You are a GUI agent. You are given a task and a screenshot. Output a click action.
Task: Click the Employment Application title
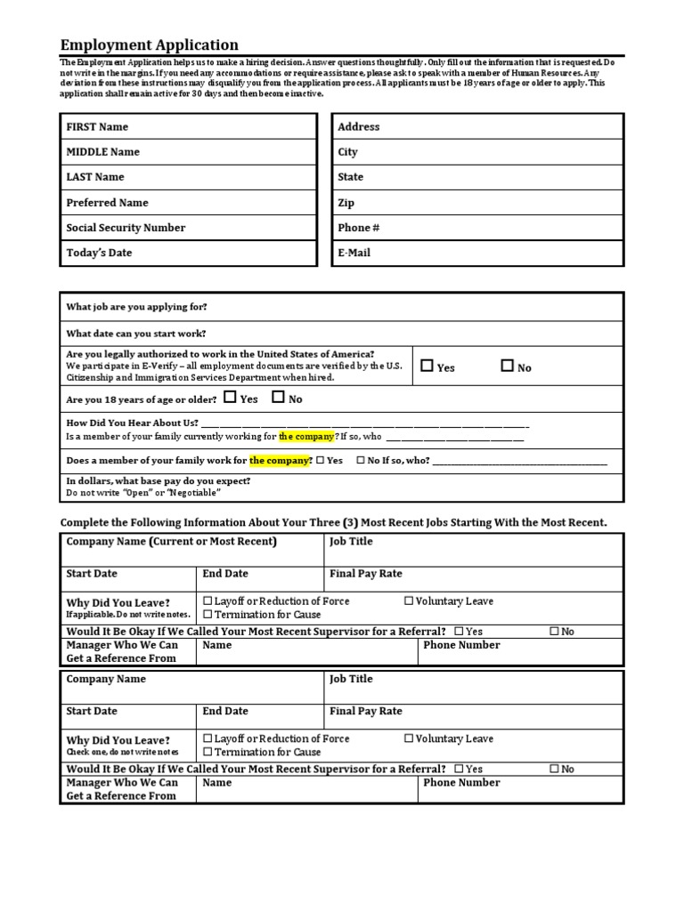[x=149, y=44]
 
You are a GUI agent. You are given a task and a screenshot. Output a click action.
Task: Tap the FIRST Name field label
[x=97, y=127]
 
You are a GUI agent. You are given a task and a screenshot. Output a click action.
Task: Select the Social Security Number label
[x=126, y=228]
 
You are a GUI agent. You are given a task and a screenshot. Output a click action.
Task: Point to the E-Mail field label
[x=354, y=253]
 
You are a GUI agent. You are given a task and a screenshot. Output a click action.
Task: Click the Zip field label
[x=346, y=203]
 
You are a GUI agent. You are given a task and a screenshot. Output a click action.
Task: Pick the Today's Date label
[x=99, y=253]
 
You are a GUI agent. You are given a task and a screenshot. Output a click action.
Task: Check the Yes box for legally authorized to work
[x=427, y=366]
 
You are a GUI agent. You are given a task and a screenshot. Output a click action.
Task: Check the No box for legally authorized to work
[x=507, y=366]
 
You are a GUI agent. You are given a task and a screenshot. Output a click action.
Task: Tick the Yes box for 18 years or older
[x=231, y=398]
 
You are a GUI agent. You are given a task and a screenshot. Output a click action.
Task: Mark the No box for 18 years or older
[x=278, y=398]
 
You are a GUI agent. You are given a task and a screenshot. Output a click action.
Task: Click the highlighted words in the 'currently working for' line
[x=306, y=437]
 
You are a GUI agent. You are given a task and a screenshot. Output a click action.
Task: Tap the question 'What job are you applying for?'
[x=136, y=307]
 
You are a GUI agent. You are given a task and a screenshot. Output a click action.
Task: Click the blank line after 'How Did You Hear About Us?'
[x=365, y=424]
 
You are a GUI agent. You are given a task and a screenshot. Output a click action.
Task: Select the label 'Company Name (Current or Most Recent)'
[x=171, y=542]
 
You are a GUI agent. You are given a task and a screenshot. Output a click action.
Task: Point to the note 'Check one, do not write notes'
[x=116, y=753]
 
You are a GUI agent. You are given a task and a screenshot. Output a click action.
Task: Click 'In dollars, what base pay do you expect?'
[x=159, y=481]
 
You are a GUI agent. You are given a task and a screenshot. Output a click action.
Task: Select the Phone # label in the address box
[x=359, y=228]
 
